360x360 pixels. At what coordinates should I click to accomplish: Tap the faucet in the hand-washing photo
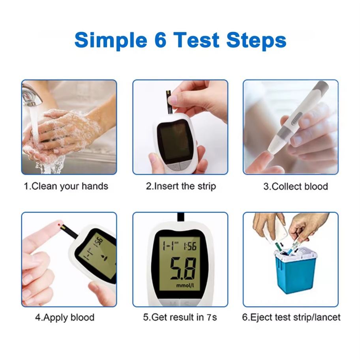point(32,95)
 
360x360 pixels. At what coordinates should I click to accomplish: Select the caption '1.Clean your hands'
point(66,186)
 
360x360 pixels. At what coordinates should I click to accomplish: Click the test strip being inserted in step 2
point(169,102)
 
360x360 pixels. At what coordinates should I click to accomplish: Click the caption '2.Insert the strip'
point(181,186)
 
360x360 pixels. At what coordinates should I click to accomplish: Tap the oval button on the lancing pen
point(296,118)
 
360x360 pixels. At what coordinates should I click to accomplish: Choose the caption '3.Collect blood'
point(296,186)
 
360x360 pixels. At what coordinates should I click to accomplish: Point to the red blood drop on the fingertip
point(60,224)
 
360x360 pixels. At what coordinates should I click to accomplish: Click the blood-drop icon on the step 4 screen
point(104,258)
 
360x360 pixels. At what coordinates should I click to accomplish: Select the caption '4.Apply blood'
point(65,317)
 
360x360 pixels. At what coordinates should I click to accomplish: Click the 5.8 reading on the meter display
point(183,268)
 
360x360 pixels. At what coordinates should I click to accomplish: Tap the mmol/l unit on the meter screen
point(185,285)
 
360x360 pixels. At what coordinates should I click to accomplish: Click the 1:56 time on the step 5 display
point(190,246)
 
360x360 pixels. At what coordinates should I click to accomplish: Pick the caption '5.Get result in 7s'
point(180,317)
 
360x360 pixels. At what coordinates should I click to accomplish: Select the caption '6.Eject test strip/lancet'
point(291,317)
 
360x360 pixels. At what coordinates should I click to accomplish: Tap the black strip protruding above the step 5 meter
point(181,217)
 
